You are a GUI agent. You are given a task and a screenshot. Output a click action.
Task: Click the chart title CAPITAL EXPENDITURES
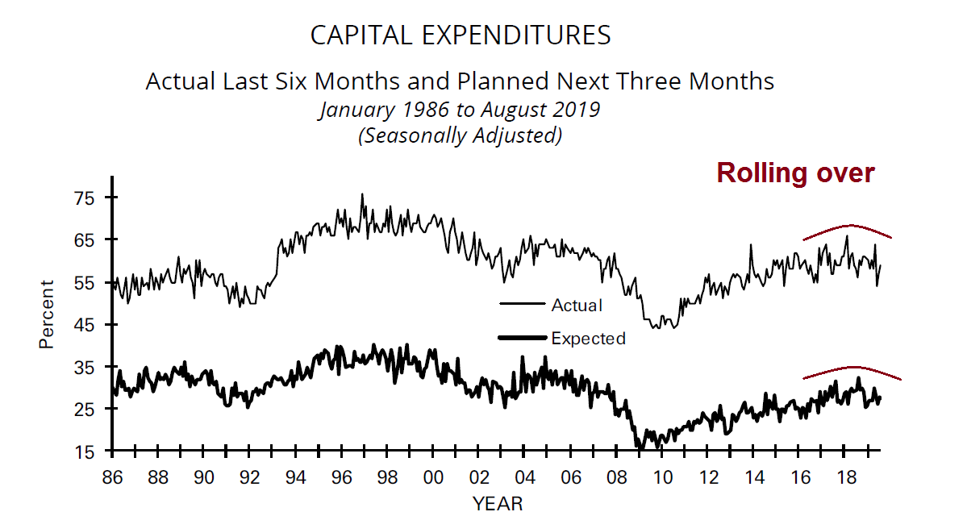(461, 35)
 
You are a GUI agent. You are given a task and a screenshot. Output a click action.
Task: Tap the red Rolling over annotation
(795, 173)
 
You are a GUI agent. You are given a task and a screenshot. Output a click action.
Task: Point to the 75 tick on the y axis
(84, 198)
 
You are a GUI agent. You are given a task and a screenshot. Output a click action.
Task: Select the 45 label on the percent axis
(84, 325)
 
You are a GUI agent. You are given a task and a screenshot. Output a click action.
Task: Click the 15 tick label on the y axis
(84, 451)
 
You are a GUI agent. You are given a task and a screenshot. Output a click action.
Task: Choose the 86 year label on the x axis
(113, 477)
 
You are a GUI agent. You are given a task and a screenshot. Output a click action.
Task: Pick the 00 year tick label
(433, 477)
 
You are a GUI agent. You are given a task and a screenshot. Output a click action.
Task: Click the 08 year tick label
(616, 477)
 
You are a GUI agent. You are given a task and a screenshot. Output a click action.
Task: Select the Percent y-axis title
(47, 314)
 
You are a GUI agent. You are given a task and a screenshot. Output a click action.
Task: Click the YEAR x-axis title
(498, 504)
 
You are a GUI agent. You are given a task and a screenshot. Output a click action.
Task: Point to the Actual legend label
(577, 305)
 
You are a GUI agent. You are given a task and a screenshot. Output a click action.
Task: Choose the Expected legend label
(588, 339)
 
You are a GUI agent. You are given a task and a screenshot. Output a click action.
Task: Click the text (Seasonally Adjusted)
(460, 135)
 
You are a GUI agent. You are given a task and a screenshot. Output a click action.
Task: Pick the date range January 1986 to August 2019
(460, 109)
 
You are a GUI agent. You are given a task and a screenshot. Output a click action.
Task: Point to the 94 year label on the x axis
(296, 477)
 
